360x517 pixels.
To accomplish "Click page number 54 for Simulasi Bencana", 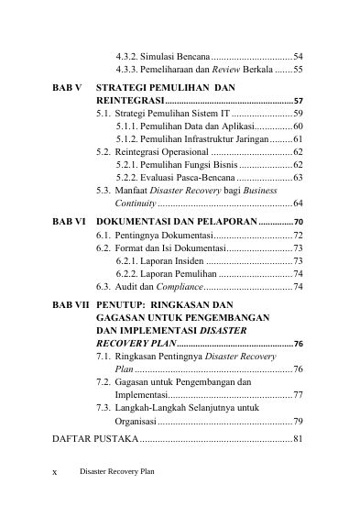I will [299, 56].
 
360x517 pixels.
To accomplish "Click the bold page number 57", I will [299, 100].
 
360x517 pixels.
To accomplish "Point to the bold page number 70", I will [299, 223].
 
